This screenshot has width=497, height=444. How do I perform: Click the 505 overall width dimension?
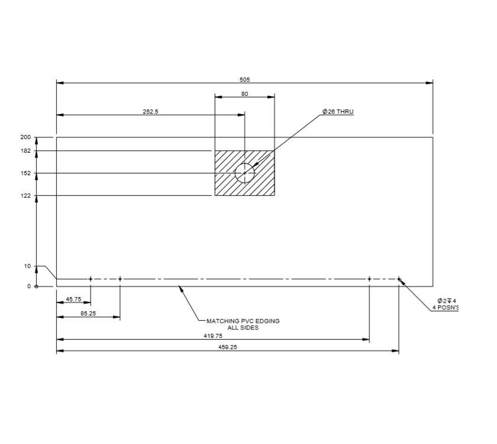[244, 79]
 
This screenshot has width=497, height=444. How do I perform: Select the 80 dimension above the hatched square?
[244, 94]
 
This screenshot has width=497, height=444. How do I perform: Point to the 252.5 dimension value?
[150, 111]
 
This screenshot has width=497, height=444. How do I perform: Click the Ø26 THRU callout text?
[338, 111]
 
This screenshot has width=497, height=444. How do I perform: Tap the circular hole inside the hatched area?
[244, 173]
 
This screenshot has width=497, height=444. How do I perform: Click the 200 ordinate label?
[25, 137]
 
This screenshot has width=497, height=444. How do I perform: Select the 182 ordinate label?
[25, 152]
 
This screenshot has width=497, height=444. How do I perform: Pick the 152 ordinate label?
[25, 173]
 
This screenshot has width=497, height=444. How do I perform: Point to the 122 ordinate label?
[25, 196]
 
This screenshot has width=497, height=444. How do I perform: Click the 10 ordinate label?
[27, 266]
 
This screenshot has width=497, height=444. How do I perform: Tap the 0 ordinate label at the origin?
[28, 287]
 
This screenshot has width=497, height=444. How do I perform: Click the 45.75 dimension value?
[73, 300]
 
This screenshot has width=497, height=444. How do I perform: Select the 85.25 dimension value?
[88, 314]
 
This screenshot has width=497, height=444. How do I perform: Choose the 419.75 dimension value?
[213, 336]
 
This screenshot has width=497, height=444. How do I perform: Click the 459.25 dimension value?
[228, 348]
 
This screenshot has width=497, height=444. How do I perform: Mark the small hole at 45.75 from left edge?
[91, 279]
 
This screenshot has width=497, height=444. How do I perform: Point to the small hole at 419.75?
[369, 279]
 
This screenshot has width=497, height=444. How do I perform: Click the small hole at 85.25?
[120, 279]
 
